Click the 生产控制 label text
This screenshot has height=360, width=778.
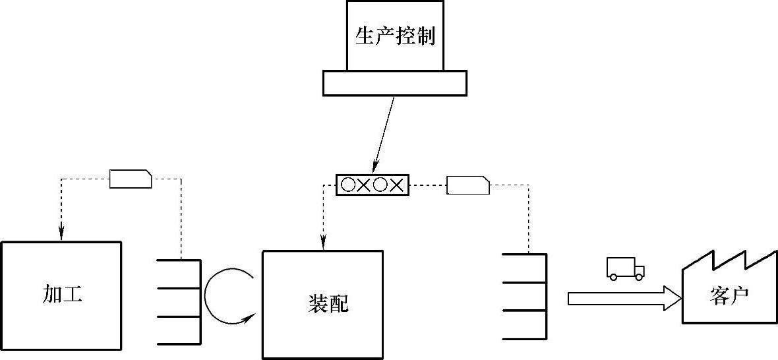pyautogui.click(x=395, y=36)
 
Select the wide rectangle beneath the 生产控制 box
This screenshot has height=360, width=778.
pyautogui.click(x=394, y=83)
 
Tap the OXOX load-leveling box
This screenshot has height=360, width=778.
pyautogui.click(x=373, y=185)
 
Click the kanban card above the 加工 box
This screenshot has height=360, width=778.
pyautogui.click(x=131, y=179)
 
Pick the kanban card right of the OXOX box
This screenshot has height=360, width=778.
pyautogui.click(x=468, y=185)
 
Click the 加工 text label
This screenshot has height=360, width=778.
pyautogui.click(x=62, y=294)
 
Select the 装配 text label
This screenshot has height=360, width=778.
pyautogui.click(x=328, y=303)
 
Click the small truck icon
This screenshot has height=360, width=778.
pyautogui.click(x=625, y=268)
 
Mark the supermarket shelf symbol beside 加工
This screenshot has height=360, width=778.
pyautogui.click(x=179, y=302)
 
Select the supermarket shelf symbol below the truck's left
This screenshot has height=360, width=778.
pyautogui.click(x=525, y=297)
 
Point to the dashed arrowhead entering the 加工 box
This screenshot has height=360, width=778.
pyautogui.click(x=61, y=233)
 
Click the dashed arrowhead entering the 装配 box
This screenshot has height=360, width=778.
pyautogui.click(x=323, y=243)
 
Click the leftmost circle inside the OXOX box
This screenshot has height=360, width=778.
pyautogui.click(x=348, y=185)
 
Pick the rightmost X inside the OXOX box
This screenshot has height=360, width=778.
pyautogui.click(x=396, y=185)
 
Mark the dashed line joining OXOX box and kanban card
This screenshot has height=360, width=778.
pyautogui.click(x=427, y=185)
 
